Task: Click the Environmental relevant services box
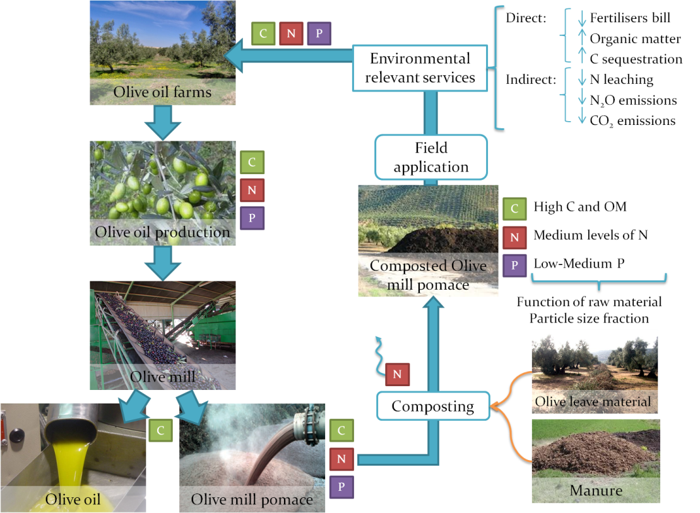tap(420, 68)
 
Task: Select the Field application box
tap(431, 157)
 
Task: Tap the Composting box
tap(433, 406)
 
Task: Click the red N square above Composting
tap(397, 374)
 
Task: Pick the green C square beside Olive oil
tap(161, 430)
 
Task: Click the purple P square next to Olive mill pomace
tap(341, 487)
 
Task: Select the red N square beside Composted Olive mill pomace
tap(514, 238)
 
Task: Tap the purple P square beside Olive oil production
tap(252, 218)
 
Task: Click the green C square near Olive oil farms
tap(263, 33)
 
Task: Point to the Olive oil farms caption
tap(162, 93)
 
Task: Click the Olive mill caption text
tap(162, 378)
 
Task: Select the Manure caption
tap(596, 490)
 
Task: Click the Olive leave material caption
tap(592, 401)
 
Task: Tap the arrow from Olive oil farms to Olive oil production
tap(163, 122)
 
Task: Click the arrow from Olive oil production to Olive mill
tap(163, 262)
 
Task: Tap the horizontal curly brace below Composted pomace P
tap(599, 281)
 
